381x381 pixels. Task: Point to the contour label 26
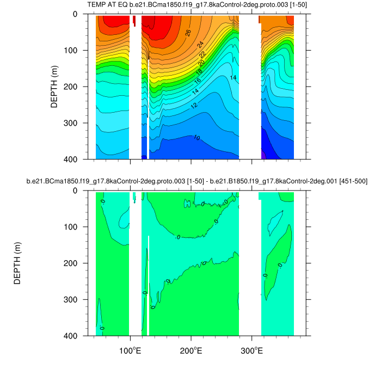coord(188,33)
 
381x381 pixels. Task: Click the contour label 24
coord(200,45)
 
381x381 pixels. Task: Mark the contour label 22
coord(202,55)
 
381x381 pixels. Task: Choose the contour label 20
coord(201,64)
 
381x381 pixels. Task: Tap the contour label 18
coord(199,72)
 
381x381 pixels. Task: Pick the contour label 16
coord(197,81)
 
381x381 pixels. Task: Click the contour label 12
coord(194,105)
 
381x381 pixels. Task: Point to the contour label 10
coord(196,138)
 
